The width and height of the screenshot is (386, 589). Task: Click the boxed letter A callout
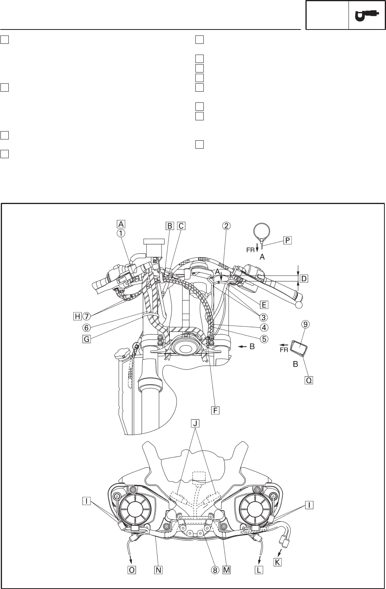pyautogui.click(x=121, y=224)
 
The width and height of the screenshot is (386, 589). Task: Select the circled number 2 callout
pyautogui.click(x=226, y=226)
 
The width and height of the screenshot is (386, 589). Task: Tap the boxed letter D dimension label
pyautogui.click(x=304, y=279)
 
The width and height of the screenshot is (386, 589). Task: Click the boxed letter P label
pyautogui.click(x=288, y=240)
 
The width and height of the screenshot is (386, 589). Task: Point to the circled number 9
pyautogui.click(x=305, y=324)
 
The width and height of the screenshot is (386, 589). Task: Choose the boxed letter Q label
pyautogui.click(x=309, y=380)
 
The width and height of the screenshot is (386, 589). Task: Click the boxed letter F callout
pyautogui.click(x=215, y=410)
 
